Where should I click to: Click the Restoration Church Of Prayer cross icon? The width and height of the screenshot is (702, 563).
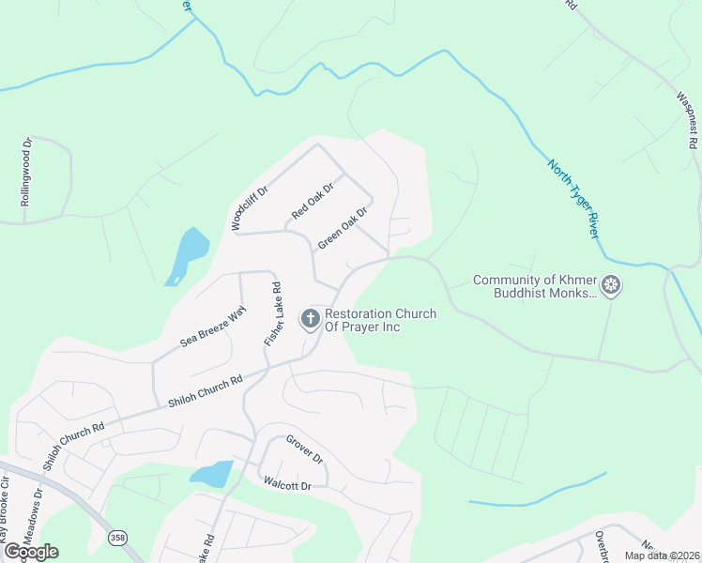coord(310,319)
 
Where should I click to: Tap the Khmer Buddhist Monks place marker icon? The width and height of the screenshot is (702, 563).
coord(611,284)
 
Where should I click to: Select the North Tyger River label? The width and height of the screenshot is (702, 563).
coord(572,198)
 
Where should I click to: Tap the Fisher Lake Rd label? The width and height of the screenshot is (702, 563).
coord(273,314)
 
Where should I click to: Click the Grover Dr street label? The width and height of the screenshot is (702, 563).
coord(305,450)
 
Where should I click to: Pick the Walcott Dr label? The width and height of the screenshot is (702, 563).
coord(286,485)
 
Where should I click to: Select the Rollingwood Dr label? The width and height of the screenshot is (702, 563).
coord(27,172)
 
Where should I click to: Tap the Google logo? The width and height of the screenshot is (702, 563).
coord(30,552)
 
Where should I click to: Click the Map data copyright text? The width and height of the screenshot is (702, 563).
coord(662,555)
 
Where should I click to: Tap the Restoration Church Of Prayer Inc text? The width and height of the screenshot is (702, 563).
coord(380,320)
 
